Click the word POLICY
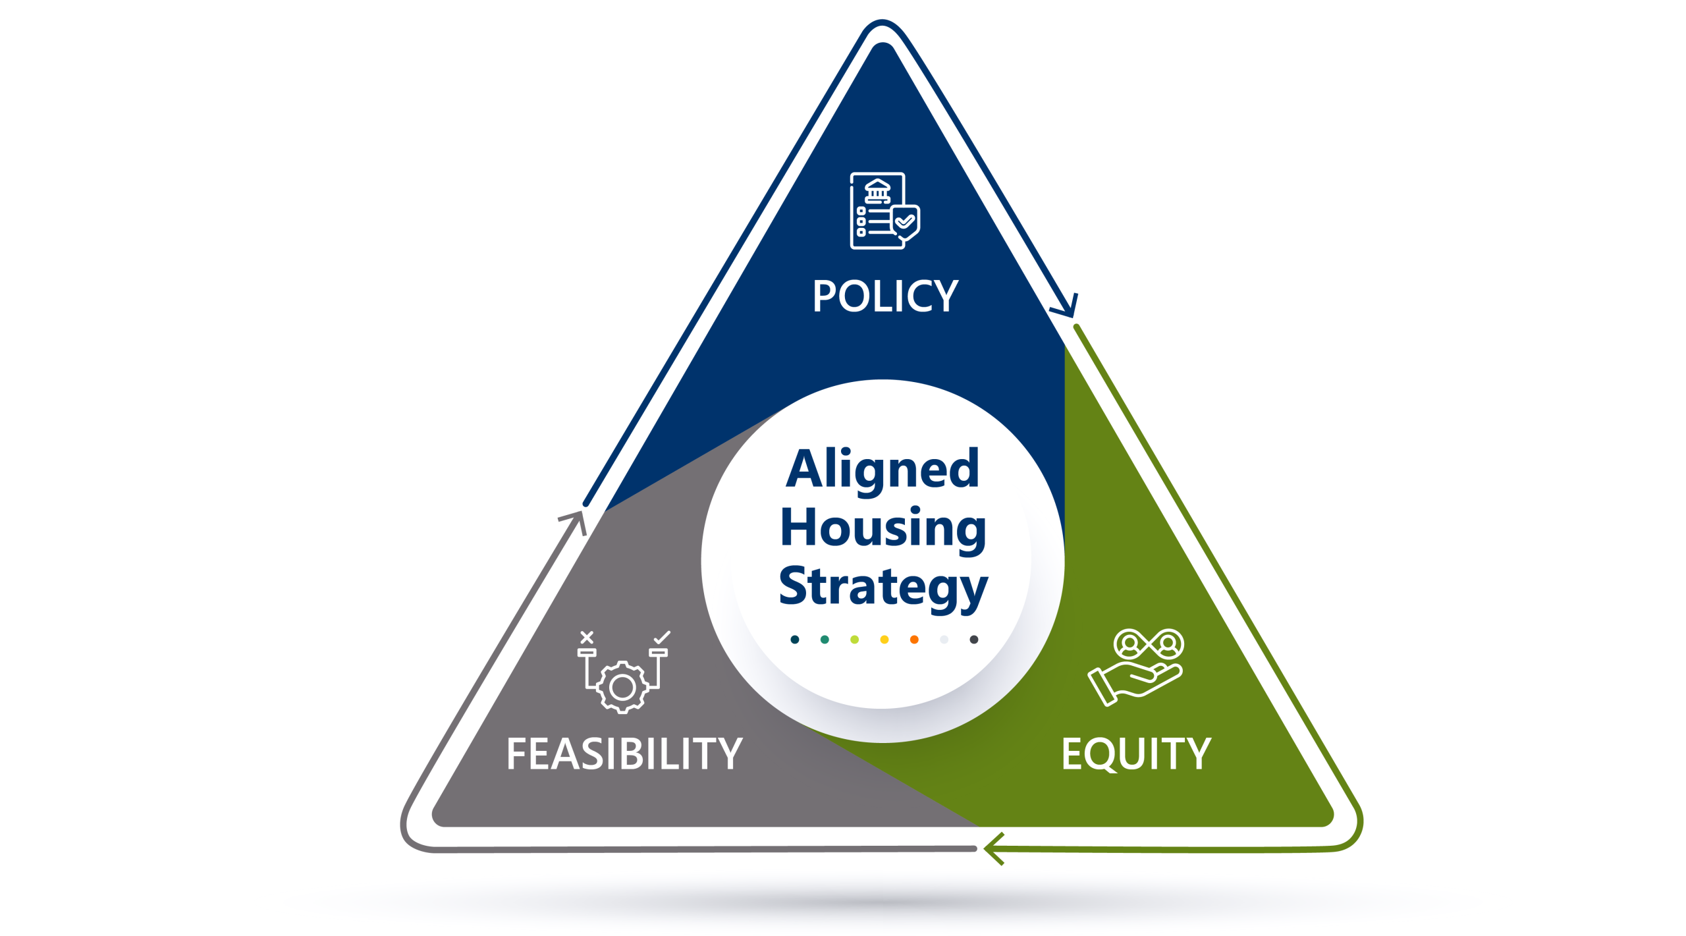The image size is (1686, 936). click(884, 296)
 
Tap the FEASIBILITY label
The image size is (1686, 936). click(624, 754)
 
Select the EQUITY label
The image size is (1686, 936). click(1136, 754)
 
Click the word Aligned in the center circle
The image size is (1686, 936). click(883, 470)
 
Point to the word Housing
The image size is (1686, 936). click(883, 529)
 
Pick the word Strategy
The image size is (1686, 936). click(883, 587)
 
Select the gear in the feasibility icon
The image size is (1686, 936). click(622, 688)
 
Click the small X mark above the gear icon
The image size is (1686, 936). click(587, 637)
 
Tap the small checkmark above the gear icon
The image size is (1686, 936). click(662, 637)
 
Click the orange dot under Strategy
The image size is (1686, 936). click(914, 640)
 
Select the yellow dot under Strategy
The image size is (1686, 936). click(884, 640)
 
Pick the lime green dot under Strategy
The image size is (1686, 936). click(854, 640)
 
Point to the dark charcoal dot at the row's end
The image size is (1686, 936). click(974, 640)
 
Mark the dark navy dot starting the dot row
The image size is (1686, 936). click(795, 640)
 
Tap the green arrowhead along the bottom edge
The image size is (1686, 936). click(993, 848)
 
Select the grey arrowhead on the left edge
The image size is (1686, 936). click(575, 520)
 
